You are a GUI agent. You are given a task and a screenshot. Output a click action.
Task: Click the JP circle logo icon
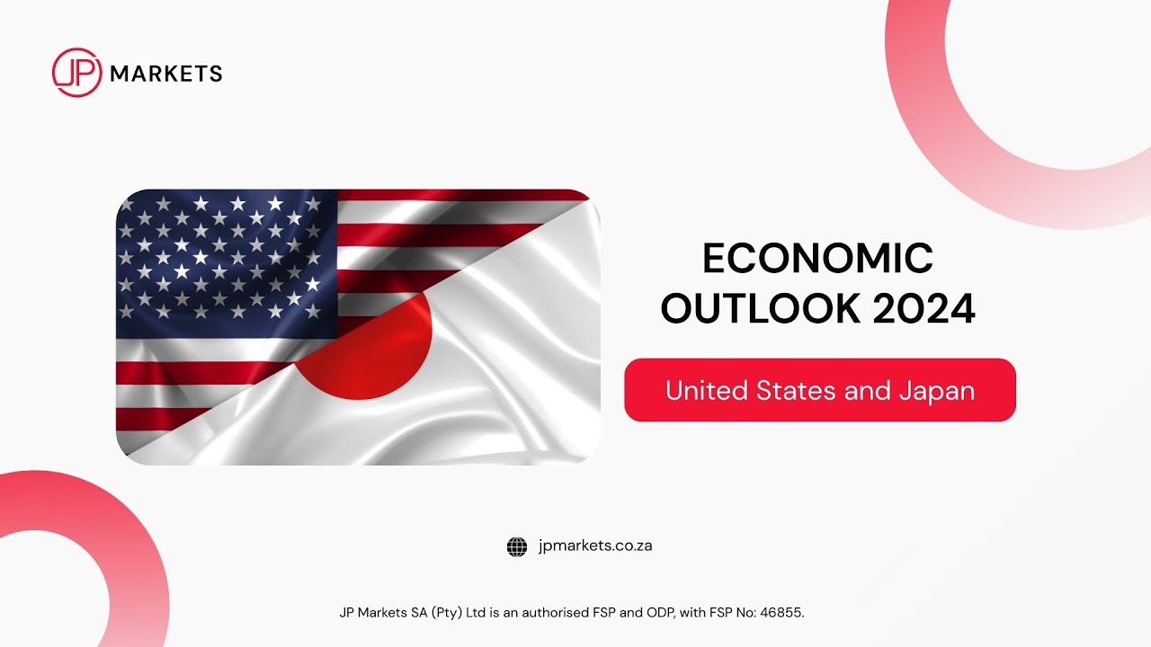[76, 73]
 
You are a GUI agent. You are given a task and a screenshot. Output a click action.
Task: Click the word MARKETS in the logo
[165, 74]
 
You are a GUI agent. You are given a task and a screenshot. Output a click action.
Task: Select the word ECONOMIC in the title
[817, 260]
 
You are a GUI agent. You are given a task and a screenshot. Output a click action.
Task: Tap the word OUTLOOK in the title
[760, 309]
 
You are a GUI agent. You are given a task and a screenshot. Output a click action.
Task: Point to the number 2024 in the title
[924, 309]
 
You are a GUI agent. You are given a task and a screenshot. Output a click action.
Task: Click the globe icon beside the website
[517, 546]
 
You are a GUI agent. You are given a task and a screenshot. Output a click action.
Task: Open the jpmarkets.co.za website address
[594, 545]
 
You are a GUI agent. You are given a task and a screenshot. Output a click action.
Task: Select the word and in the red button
[870, 391]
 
